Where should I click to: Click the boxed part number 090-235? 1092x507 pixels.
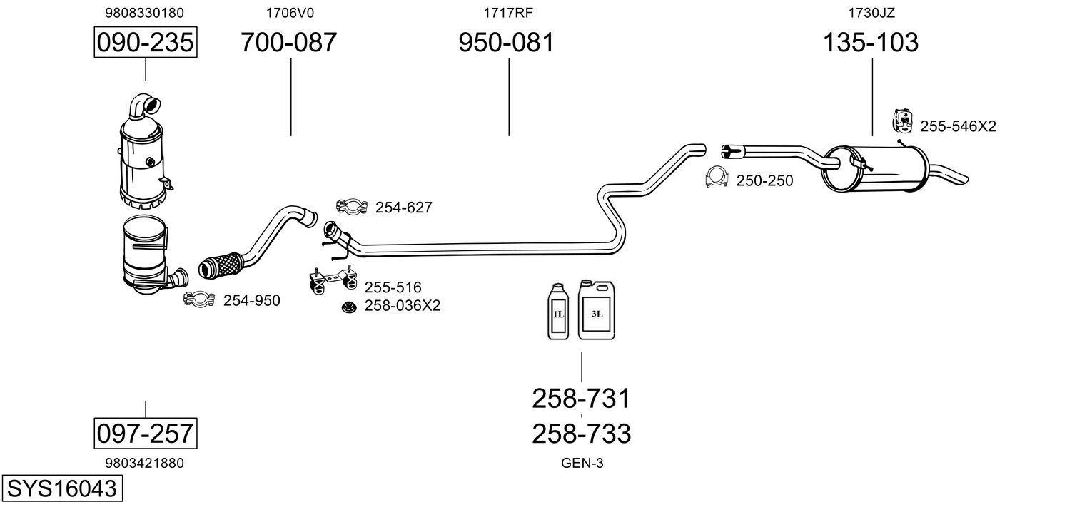(146, 42)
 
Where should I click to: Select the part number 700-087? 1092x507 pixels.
(288, 42)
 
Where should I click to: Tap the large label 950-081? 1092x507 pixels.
(507, 42)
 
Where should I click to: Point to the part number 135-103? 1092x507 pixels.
(871, 42)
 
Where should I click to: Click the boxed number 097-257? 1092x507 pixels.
(146, 434)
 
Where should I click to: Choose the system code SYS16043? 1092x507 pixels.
(62, 488)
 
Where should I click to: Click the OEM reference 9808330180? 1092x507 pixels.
(145, 13)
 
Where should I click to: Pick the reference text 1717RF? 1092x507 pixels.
(508, 13)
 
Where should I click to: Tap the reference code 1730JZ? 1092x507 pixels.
(871, 13)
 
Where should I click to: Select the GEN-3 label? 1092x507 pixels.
(582, 464)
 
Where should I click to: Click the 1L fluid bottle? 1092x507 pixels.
(558, 311)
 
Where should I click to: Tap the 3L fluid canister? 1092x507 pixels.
(597, 309)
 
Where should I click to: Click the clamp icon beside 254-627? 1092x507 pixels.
(351, 207)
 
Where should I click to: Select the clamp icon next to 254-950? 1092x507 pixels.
(199, 299)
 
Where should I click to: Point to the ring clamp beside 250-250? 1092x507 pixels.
(717, 178)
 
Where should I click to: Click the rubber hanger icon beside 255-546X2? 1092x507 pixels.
(902, 121)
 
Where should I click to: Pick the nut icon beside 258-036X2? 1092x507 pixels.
(348, 307)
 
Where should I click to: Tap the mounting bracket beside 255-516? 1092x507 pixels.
(333, 280)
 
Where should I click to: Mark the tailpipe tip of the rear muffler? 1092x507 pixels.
(962, 178)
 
